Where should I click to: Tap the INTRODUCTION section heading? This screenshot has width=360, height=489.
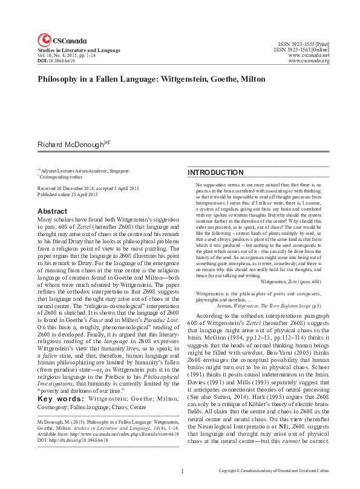(214, 172)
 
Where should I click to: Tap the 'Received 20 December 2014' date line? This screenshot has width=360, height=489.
(81, 189)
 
